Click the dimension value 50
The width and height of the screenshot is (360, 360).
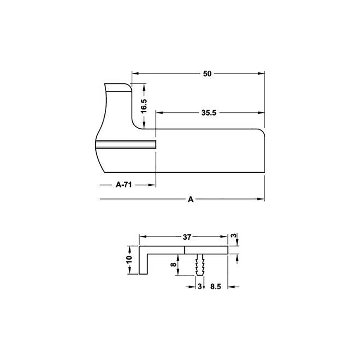tap(207, 74)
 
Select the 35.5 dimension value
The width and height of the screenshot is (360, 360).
tap(209, 113)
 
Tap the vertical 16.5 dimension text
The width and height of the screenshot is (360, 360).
tap(144, 106)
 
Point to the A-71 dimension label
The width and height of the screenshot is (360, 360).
tap(123, 184)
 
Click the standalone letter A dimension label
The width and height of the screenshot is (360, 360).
tap(190, 199)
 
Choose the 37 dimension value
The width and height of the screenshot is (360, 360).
tap(187, 237)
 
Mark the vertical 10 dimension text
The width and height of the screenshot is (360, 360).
tap(129, 260)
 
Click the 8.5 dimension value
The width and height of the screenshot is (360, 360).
tap(216, 287)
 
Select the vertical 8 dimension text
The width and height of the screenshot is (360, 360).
tap(174, 264)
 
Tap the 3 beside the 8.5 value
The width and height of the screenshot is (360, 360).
tap(199, 287)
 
